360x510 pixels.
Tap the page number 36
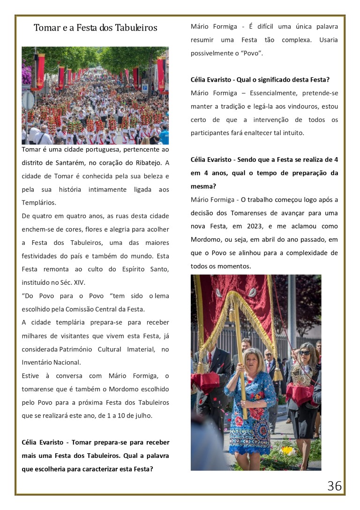coord(334,486)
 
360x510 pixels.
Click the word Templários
coord(39,203)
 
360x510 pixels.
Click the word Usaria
coord(328,40)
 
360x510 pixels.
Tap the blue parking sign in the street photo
coord(145,87)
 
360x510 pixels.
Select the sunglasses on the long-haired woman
coord(305,352)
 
